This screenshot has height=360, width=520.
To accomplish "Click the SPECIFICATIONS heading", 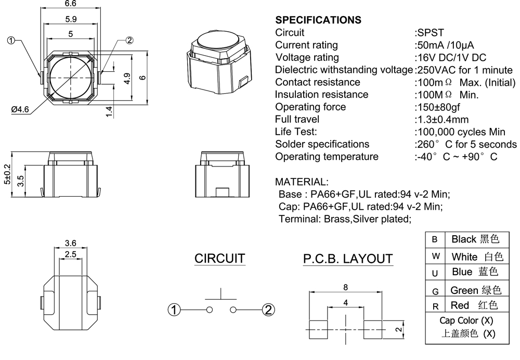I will click(x=318, y=20).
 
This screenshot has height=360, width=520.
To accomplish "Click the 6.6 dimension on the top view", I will click(x=70, y=5).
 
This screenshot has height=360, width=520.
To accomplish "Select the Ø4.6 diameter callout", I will click(x=20, y=109).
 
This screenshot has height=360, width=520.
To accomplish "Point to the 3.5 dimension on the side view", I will click(x=21, y=181).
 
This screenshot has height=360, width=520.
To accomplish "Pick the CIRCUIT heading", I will click(x=219, y=259).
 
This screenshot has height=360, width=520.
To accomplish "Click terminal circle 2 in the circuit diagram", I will click(x=268, y=310).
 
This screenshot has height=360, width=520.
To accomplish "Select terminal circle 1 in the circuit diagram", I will click(x=174, y=310).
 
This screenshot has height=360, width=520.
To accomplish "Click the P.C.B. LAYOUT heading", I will click(x=348, y=259).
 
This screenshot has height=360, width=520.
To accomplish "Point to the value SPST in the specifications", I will click(x=431, y=33).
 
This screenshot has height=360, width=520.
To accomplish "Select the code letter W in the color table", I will click(x=436, y=256).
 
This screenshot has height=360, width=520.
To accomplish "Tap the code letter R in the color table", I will click(x=436, y=306).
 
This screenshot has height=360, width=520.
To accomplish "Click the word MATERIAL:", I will click(x=302, y=182).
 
